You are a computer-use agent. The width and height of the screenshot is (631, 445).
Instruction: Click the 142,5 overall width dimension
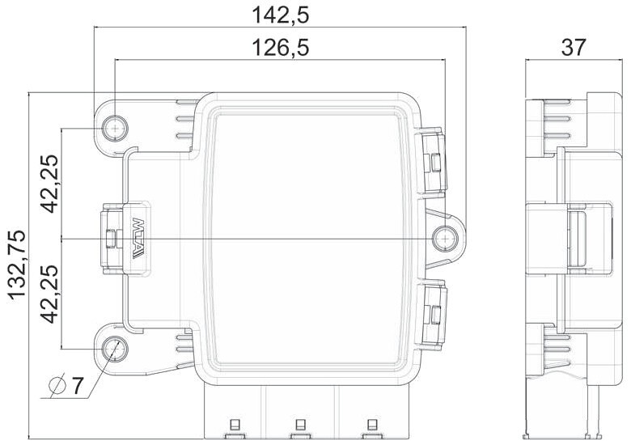[x=280, y=15]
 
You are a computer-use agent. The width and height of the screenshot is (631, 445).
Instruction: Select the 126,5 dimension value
[x=280, y=48]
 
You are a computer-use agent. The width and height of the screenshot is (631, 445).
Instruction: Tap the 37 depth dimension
[x=574, y=48]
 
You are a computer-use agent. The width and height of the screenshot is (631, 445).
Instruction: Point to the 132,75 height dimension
[x=17, y=265]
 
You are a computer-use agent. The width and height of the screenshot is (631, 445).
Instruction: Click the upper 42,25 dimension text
[x=50, y=184]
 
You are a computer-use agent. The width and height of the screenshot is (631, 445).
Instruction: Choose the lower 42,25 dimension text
[x=50, y=295]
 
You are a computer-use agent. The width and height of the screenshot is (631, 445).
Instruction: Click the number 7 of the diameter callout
[x=77, y=385]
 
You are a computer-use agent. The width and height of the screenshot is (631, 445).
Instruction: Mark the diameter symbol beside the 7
[x=57, y=386]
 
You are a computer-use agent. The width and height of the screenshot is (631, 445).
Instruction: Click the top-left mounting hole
[x=115, y=129]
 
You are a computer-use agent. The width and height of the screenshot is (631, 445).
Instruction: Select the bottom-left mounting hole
[x=115, y=349]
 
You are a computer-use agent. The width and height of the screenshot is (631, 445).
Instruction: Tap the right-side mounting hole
[x=445, y=239]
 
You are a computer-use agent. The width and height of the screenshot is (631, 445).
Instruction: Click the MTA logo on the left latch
[x=138, y=238]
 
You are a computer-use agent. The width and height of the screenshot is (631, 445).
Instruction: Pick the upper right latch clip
[x=431, y=162]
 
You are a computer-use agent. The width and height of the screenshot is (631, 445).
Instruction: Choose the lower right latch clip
[x=431, y=314]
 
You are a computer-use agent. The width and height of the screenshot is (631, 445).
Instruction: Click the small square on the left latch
[x=110, y=238]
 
